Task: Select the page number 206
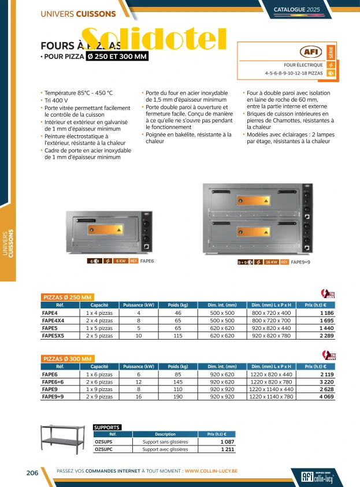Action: click(32, 473)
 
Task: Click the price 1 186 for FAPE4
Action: click(326, 312)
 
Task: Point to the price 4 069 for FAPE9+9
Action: click(326, 397)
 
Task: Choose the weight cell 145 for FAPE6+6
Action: click(178, 382)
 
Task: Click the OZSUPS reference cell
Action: click(103, 441)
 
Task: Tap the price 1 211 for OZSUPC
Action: click(227, 449)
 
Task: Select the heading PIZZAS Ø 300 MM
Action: click(68, 359)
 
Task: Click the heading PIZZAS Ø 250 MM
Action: click(68, 297)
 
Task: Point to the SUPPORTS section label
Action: click(107, 427)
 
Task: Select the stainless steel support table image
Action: click(62, 440)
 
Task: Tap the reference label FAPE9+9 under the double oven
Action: click(300, 262)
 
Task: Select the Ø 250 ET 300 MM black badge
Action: click(117, 56)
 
